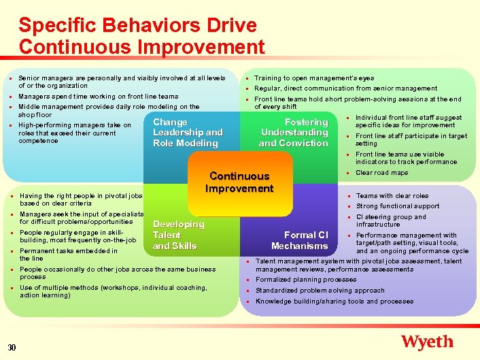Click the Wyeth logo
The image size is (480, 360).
pos(427,342)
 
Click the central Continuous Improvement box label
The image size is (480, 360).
pos(239,182)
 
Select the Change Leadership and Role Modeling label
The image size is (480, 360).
pos(188,133)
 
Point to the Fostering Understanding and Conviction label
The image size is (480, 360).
pos(294,133)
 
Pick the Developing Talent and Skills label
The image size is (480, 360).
pos(178,235)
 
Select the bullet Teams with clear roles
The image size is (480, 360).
pos(392,196)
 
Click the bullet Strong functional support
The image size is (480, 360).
pos(398,206)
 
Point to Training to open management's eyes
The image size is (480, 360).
pos(313,78)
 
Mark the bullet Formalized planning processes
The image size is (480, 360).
pos(305,280)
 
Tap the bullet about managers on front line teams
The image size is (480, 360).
pos(98,97)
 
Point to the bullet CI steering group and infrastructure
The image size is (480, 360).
pos(391,220)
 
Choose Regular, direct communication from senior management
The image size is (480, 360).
pos(345,88)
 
